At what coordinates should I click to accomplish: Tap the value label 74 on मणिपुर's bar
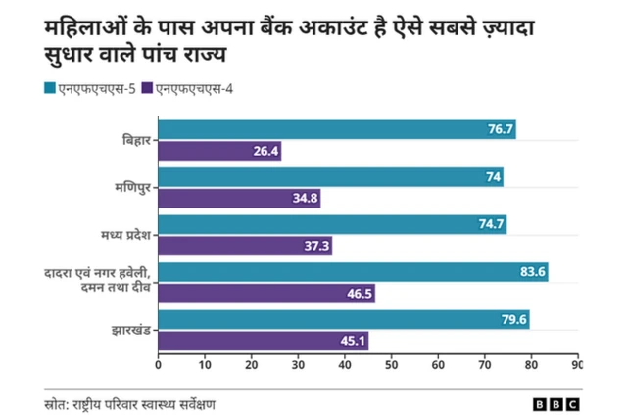pos(493,177)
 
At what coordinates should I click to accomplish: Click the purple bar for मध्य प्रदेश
pos(245,246)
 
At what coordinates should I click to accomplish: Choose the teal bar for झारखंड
pos(343,319)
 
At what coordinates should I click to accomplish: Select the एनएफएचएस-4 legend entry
pos(192,90)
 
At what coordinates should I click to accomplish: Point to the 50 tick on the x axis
pos(392,364)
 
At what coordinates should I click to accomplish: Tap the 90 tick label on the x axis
pos(577,364)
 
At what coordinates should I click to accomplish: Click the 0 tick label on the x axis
pos(159,364)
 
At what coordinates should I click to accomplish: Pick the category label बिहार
pos(135,141)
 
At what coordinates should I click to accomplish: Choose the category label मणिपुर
pos(132,188)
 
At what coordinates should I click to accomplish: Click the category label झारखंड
pos(130,330)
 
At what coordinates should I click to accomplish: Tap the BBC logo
pos(555,403)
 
